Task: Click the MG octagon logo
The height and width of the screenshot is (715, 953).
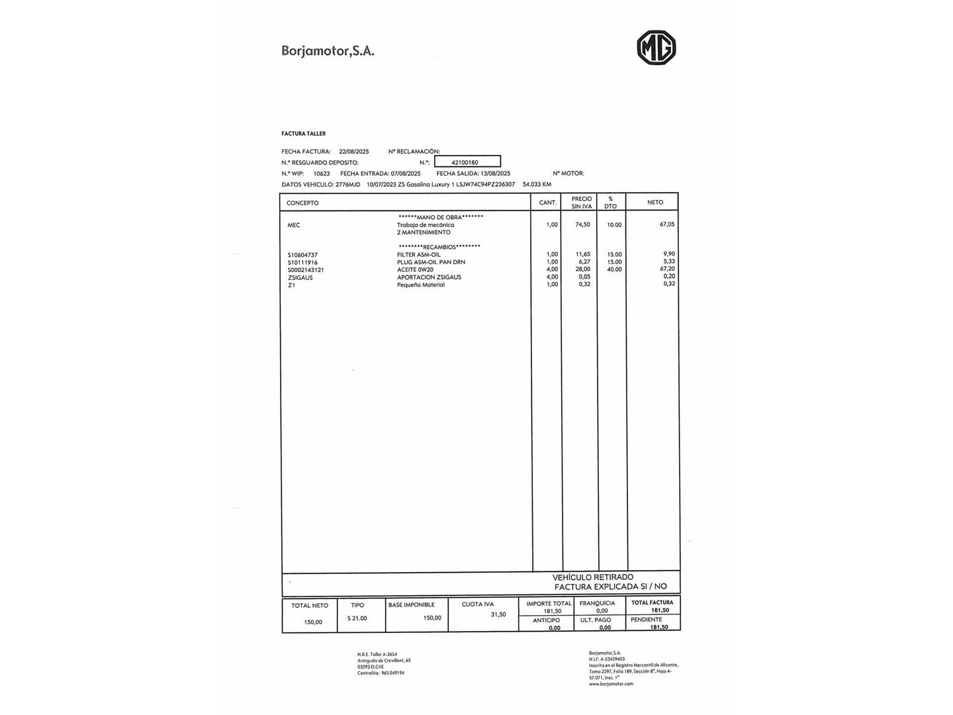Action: [x=656, y=48]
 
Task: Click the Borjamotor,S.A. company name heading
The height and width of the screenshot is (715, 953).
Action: [x=328, y=50]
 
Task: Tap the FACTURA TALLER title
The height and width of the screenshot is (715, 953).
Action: [x=303, y=134]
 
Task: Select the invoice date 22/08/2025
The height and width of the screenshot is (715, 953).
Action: [x=353, y=152]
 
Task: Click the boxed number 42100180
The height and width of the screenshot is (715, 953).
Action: [x=465, y=162]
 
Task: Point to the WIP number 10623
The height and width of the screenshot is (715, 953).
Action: [x=321, y=173]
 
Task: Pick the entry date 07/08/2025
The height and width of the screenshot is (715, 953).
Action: [x=405, y=173]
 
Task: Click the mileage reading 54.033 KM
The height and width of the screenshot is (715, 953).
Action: [x=537, y=184]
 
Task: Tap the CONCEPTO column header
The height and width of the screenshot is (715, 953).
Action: [x=302, y=203]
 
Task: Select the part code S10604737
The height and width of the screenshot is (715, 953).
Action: [x=302, y=255]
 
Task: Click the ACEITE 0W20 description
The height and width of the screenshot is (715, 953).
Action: [x=415, y=269]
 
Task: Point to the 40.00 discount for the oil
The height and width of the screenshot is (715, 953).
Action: [x=614, y=269]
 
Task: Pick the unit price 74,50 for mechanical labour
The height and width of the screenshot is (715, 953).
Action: [x=582, y=224]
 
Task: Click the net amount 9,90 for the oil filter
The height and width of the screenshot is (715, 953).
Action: [x=668, y=254]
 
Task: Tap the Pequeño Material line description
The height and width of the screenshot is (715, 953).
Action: [x=421, y=285]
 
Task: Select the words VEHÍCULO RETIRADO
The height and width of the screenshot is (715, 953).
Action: [x=593, y=577]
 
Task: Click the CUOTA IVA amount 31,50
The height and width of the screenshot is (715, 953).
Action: [x=498, y=614]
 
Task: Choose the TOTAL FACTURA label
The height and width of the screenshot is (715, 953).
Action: [x=652, y=602]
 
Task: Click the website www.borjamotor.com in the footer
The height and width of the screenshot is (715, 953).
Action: [x=611, y=684]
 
